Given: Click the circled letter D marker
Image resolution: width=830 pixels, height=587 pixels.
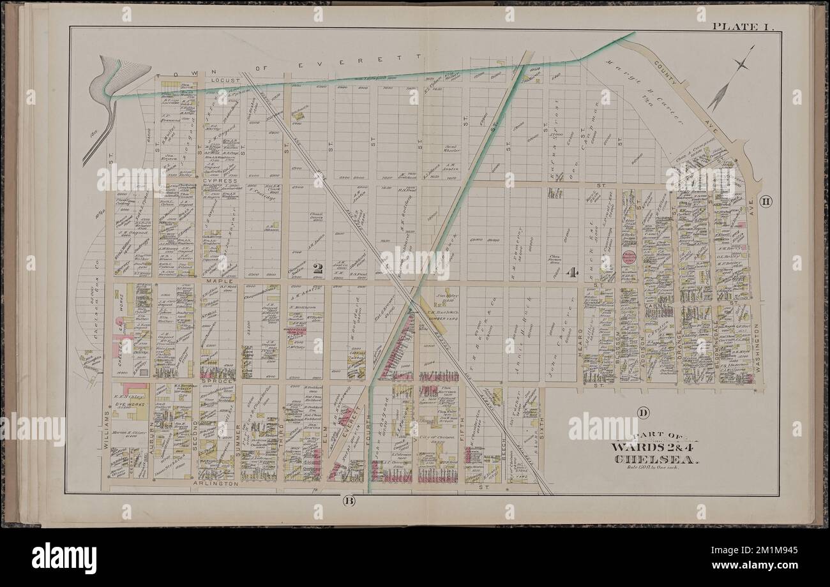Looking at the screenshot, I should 642,412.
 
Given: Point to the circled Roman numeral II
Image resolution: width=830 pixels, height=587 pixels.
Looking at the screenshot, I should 766,202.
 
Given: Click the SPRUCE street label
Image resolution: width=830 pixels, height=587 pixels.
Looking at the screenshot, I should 220,382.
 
